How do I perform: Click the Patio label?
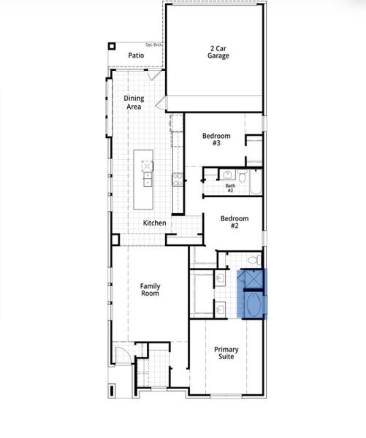coord(136,55)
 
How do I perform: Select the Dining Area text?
coord(133,102)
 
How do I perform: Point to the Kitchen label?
coord(154,223)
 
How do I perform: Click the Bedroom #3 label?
coord(216,139)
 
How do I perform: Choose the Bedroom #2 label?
coord(235,223)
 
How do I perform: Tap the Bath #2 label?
coord(230,188)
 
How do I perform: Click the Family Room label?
coord(150,290)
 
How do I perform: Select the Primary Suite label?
coord(226,354)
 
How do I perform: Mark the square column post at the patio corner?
coord(112,46)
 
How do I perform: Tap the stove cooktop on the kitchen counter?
coord(176,179)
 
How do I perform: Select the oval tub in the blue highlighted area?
coord(253,306)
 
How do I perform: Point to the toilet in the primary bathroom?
coord(253,259)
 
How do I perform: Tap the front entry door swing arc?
coord(126,356)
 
